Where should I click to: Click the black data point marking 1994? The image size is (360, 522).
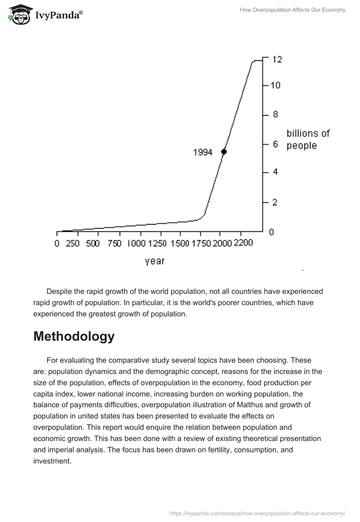click(224, 152)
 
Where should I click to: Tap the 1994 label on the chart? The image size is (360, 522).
click(202, 152)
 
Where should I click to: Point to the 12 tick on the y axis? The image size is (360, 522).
click(277, 59)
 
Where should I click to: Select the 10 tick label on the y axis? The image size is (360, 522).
click(275, 85)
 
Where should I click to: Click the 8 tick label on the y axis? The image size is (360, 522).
click(275, 114)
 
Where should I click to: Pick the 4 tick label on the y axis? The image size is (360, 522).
click(275, 172)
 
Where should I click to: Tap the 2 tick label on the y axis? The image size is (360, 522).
click(275, 202)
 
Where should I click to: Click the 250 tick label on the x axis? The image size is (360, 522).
click(72, 243)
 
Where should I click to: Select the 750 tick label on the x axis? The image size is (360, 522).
click(114, 243)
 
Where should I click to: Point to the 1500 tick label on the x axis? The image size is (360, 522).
click(180, 243)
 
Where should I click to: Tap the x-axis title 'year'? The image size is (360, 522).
click(154, 261)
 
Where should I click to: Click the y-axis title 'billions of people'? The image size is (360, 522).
click(308, 139)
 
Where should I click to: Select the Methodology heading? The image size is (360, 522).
click(74, 336)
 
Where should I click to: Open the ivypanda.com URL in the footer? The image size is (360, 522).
click(257, 513)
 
